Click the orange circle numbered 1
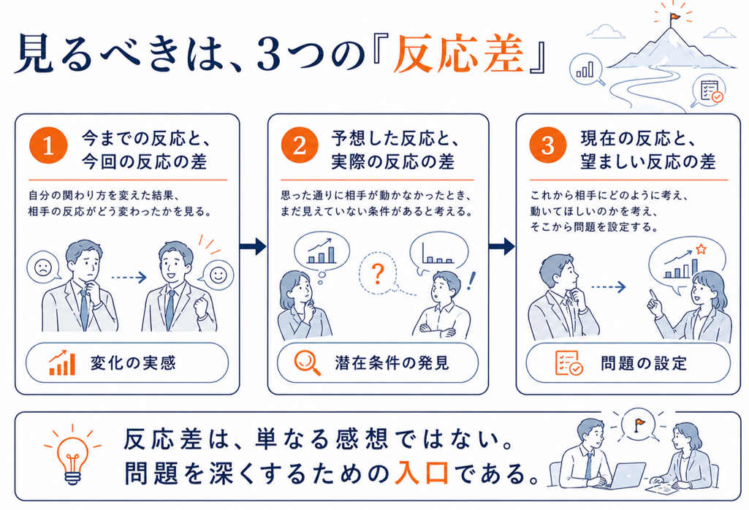click(48, 145)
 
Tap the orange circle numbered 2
click(300, 145)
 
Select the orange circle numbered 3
click(548, 145)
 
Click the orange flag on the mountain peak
click(675, 17)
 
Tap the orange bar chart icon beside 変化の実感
click(61, 363)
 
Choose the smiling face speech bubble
click(217, 275)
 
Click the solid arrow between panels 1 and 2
click(253, 246)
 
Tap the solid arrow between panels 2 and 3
click(501, 246)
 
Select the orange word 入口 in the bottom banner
click(422, 473)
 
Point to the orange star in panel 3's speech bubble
click(701, 249)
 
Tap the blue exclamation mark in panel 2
click(471, 281)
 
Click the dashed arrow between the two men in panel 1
click(129, 277)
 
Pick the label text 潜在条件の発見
click(392, 363)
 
